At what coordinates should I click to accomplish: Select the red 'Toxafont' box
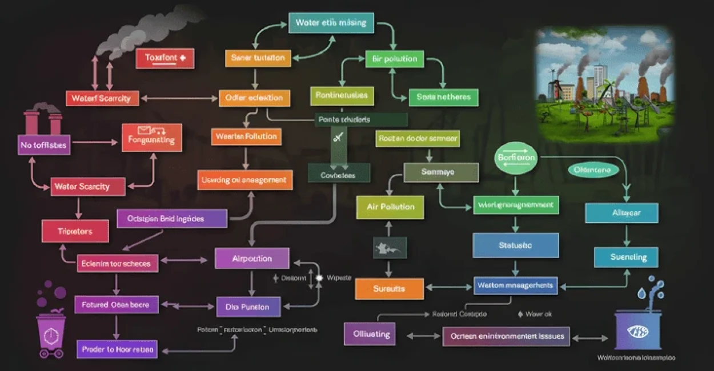pos(165,58)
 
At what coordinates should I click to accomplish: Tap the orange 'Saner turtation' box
pos(258,58)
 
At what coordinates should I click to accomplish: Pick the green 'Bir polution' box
pos(394,59)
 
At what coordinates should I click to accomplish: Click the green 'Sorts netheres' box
pos(443,97)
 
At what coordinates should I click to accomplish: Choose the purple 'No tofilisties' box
pos(43,145)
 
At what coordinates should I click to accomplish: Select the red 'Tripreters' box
pos(75,231)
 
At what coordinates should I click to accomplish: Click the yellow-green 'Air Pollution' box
pos(391,207)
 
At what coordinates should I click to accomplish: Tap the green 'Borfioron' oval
pos(516,158)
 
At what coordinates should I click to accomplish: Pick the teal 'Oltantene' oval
pos(592,170)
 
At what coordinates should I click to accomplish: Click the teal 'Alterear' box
pos(622,213)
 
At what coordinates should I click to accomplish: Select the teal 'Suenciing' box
pos(626,257)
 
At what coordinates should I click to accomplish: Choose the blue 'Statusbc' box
pos(515,245)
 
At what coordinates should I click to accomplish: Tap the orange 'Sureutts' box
pos(389,289)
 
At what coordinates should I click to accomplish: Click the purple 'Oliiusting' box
pos(370,334)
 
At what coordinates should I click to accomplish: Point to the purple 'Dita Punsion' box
pos(248,307)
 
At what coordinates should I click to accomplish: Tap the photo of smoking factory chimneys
pos(604,84)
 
